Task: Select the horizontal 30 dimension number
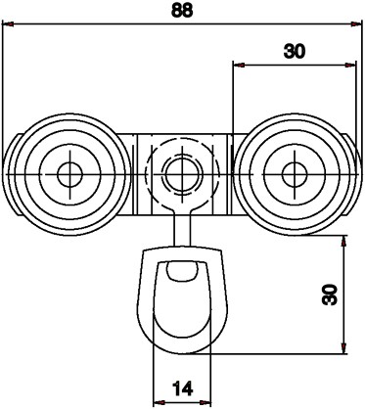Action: pos(296,52)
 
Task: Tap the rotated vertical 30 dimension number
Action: pos(330,294)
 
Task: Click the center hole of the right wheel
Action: pos(289,174)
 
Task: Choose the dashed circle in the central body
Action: pos(178,148)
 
